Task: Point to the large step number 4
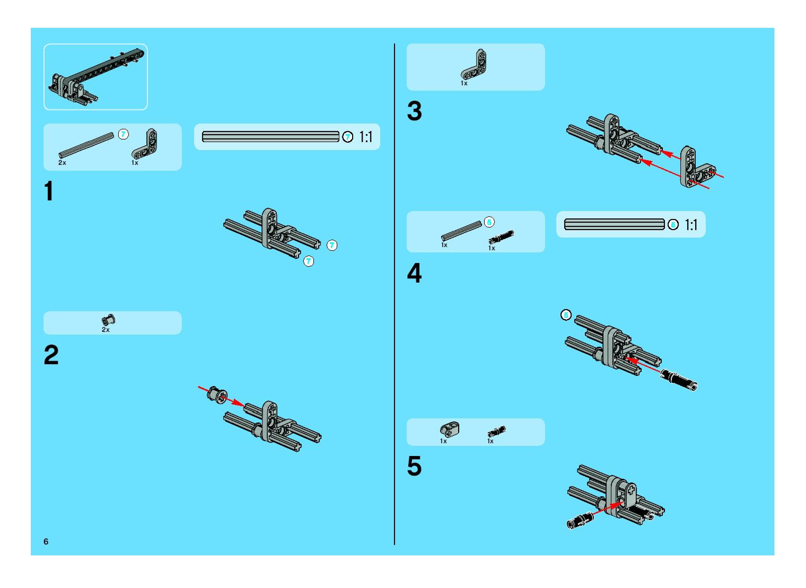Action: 414,273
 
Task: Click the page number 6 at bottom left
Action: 46,541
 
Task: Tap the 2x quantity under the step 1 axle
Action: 62,163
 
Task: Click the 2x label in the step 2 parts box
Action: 106,330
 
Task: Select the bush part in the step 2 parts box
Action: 109,320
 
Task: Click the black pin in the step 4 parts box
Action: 501,237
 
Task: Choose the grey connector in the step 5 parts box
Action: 450,429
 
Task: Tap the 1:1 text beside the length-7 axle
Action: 366,137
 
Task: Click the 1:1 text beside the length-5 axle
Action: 691,225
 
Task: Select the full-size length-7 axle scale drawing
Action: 270,137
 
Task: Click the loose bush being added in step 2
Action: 217,395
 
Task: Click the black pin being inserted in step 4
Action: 678,380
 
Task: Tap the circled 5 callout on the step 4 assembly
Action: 566,315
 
